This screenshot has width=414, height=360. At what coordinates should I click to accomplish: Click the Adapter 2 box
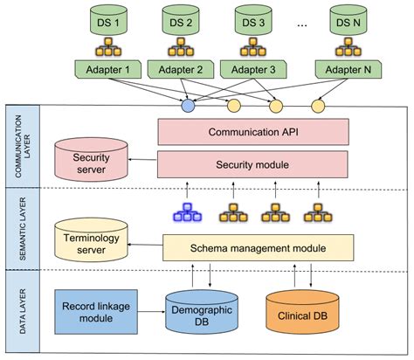coord(182,69)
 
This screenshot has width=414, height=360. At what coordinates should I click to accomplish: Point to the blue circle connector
coord(186,107)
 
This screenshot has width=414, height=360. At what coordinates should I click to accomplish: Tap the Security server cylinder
coord(90,160)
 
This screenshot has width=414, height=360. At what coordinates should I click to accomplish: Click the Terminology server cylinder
coord(90,243)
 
